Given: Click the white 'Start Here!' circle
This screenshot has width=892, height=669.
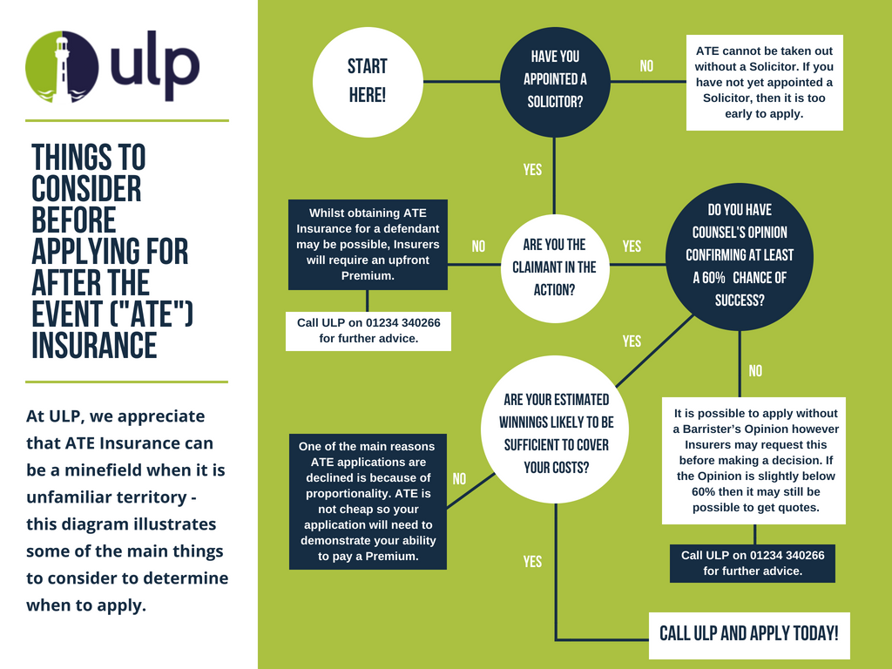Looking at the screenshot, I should pyautogui.click(x=368, y=81).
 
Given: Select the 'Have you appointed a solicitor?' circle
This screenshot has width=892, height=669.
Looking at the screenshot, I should pyautogui.click(x=555, y=80).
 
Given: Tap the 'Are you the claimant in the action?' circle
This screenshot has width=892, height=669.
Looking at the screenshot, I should pyautogui.click(x=554, y=267).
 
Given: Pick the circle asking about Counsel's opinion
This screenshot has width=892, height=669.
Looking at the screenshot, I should pyautogui.click(x=740, y=256).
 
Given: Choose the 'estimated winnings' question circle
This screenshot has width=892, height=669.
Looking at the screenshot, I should pyautogui.click(x=556, y=433).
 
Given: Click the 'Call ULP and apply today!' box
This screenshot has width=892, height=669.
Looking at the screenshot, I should pyautogui.click(x=749, y=633).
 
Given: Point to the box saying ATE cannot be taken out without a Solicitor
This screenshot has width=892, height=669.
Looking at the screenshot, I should pyautogui.click(x=764, y=82).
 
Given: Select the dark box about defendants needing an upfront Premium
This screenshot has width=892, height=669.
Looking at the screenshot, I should pyautogui.click(x=368, y=244).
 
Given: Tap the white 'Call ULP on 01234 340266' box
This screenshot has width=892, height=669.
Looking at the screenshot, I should pyautogui.click(x=368, y=330).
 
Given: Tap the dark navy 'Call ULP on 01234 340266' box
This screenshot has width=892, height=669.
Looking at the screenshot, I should pyautogui.click(x=753, y=563).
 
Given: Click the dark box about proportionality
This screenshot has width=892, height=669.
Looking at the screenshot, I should pyautogui.click(x=367, y=501).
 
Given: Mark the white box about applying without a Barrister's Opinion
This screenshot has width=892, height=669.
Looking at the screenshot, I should pyautogui.click(x=754, y=461).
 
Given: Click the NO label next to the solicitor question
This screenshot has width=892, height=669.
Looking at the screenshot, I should pyautogui.click(x=646, y=66).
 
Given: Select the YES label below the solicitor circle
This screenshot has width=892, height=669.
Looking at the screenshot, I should pyautogui.click(x=532, y=170).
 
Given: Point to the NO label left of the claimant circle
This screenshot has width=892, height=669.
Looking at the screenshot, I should pyautogui.click(x=478, y=247).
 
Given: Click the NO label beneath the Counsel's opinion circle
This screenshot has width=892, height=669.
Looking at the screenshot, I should pyautogui.click(x=755, y=371).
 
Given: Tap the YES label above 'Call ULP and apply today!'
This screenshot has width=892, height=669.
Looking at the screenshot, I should pyautogui.click(x=532, y=562).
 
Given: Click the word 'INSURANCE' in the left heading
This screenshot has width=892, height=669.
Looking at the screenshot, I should pyautogui.click(x=94, y=345).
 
